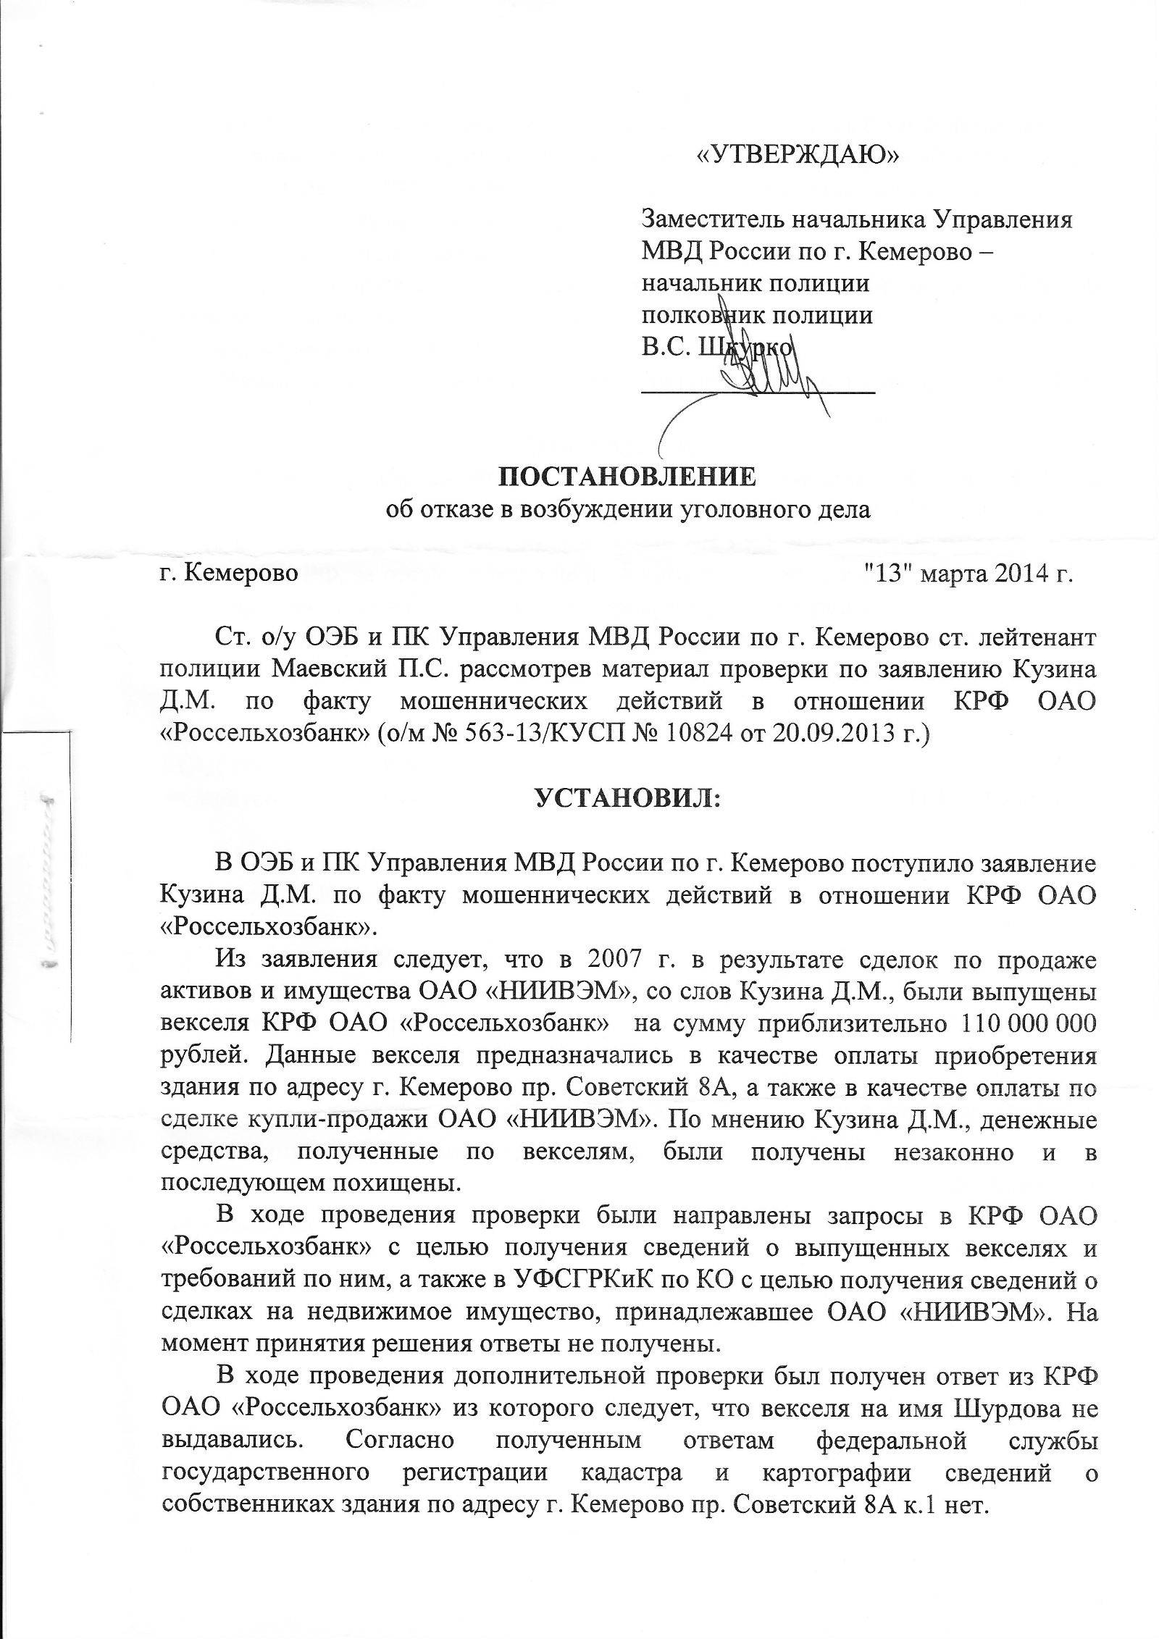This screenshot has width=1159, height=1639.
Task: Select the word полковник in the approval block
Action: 693,317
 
